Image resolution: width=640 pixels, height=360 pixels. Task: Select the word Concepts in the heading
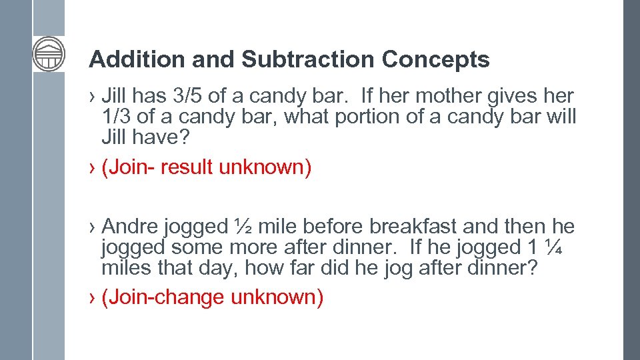[x=436, y=60]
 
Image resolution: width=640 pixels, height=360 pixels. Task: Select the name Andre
[x=129, y=227]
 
